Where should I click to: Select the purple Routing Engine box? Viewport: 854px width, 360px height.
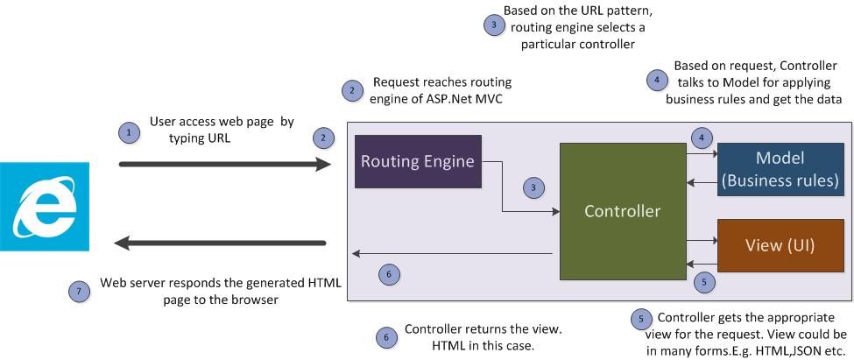click(418, 161)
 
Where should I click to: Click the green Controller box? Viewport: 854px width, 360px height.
click(623, 211)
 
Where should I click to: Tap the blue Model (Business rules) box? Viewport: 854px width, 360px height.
click(779, 167)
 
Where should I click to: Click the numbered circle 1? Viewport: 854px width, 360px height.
click(129, 132)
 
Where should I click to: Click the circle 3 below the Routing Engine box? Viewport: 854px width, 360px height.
click(532, 187)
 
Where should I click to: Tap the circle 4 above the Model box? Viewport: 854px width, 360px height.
click(701, 138)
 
